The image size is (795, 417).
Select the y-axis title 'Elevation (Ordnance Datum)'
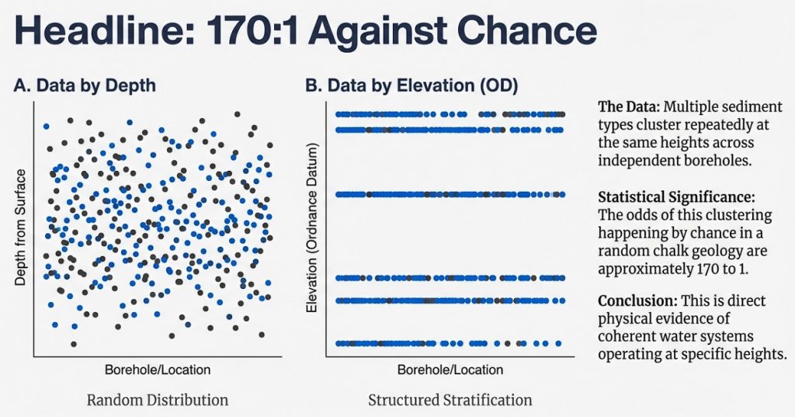click(314, 228)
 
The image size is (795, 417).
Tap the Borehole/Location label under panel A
click(158, 370)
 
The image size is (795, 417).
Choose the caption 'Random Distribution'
click(158, 401)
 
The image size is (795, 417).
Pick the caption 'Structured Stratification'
click(450, 401)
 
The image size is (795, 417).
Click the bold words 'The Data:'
click(627, 106)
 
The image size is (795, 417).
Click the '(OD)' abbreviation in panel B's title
click(496, 87)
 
